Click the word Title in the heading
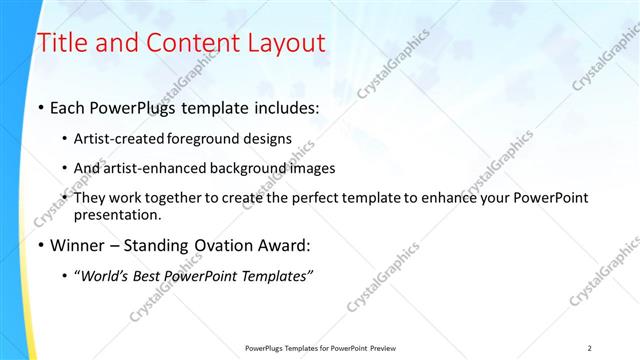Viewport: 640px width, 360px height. click(61, 43)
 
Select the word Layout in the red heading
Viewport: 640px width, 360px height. click(282, 43)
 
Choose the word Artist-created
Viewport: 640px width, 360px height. click(116, 140)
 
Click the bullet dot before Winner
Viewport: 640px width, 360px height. click(40, 245)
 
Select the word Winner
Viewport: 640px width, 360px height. click(79, 245)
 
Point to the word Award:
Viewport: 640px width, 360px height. click(290, 245)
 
